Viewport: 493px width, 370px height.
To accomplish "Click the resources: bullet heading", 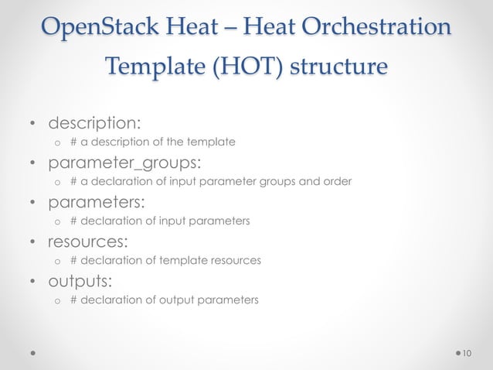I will [x=88, y=243].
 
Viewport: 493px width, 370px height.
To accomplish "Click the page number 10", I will [x=466, y=353].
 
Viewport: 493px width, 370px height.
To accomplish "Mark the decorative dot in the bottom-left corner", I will [x=33, y=353].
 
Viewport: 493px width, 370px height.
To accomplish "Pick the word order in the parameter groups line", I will [x=338, y=182].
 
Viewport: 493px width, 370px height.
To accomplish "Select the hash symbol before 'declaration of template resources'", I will [x=73, y=260].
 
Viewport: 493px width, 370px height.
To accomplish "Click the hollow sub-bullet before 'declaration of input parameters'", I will [x=56, y=221].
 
